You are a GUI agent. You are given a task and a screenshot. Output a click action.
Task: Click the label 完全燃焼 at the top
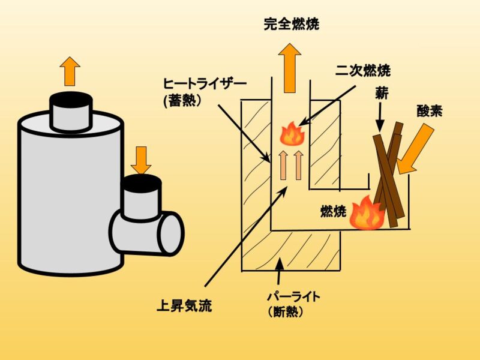(291, 25)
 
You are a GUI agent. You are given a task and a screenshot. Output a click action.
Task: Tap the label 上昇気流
(184, 307)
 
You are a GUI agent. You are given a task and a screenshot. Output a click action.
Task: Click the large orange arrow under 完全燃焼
(290, 67)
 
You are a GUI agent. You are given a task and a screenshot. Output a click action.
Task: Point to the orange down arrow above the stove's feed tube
(142, 160)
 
